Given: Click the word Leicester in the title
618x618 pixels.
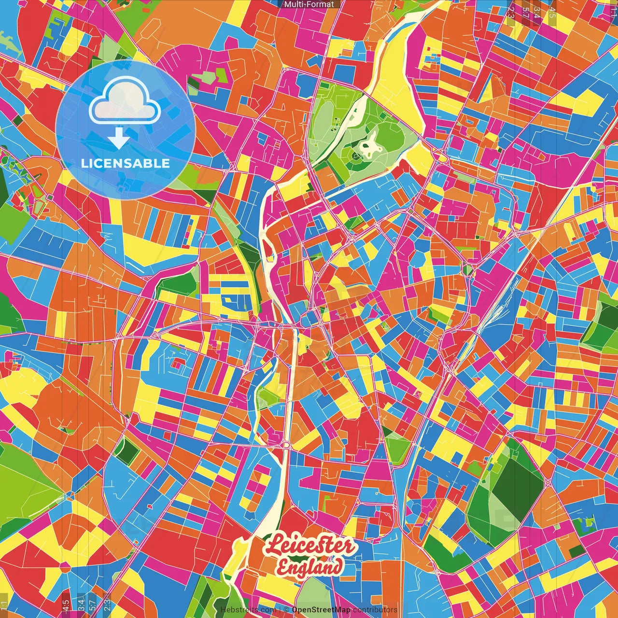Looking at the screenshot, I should click(x=310, y=546).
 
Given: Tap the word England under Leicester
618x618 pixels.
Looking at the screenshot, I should click(x=310, y=567).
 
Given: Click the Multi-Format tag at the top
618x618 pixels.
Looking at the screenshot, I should click(x=309, y=4).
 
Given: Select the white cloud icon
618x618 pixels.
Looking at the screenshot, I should click(x=125, y=100).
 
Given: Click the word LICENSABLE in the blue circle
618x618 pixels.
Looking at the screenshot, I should click(x=125, y=163).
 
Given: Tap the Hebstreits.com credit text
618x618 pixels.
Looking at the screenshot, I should click(x=242, y=610).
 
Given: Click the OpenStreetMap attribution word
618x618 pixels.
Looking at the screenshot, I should click(x=321, y=610).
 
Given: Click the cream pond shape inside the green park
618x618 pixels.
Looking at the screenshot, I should click(x=370, y=145).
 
